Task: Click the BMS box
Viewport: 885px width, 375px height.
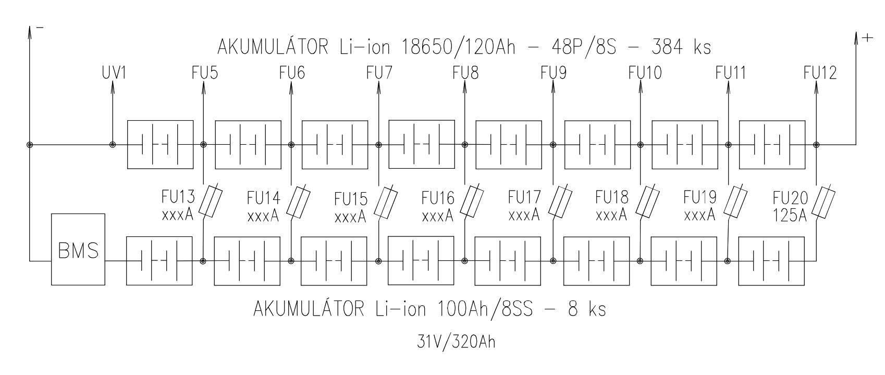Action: pyautogui.click(x=78, y=249)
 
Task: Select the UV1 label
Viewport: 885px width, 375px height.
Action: pyautogui.click(x=114, y=73)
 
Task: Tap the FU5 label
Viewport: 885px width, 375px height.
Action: pyautogui.click(x=205, y=73)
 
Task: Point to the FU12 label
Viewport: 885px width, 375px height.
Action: pyautogui.click(x=820, y=73)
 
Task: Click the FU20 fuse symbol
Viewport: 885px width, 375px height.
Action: pyautogui.click(x=823, y=203)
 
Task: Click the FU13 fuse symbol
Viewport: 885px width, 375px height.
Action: pyautogui.click(x=211, y=202)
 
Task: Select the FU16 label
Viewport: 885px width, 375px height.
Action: pyautogui.click(x=438, y=198)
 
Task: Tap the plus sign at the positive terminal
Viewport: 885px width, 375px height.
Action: pyautogui.click(x=867, y=38)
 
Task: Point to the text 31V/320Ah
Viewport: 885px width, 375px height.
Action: pyautogui.click(x=456, y=342)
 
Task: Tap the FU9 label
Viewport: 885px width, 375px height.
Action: pyautogui.click(x=554, y=73)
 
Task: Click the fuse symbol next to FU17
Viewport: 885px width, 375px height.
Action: pyautogui.click(x=560, y=202)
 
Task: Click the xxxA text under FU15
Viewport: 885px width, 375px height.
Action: pyautogui.click(x=350, y=216)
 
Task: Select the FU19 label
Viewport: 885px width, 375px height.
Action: pyautogui.click(x=700, y=198)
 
